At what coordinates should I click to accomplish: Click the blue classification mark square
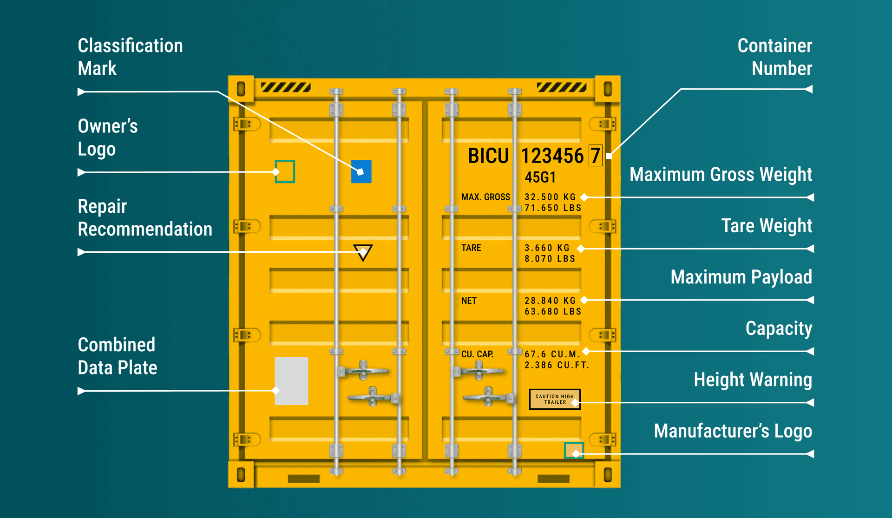[361, 171]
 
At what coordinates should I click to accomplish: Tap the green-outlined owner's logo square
[285, 171]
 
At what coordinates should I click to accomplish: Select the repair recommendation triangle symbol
[363, 252]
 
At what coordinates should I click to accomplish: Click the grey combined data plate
[291, 381]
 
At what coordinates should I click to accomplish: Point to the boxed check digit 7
[595, 156]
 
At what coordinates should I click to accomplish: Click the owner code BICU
[488, 156]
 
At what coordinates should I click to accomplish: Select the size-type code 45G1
[540, 177]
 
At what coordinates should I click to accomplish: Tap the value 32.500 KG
[550, 197]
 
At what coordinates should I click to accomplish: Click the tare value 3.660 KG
[547, 248]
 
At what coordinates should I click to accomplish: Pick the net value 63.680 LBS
[553, 312]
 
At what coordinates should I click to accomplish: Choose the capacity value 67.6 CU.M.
[552, 354]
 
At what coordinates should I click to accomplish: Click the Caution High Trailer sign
[555, 399]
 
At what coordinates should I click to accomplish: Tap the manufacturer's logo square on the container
[574, 450]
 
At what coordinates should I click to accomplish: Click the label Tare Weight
[767, 226]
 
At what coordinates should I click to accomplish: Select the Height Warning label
[753, 380]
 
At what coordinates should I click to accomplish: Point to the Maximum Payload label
[741, 277]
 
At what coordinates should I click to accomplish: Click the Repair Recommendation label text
[144, 217]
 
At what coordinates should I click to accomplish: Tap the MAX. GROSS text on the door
[485, 197]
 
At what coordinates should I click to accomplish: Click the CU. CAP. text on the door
[477, 354]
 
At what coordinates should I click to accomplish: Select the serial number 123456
[552, 156]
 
